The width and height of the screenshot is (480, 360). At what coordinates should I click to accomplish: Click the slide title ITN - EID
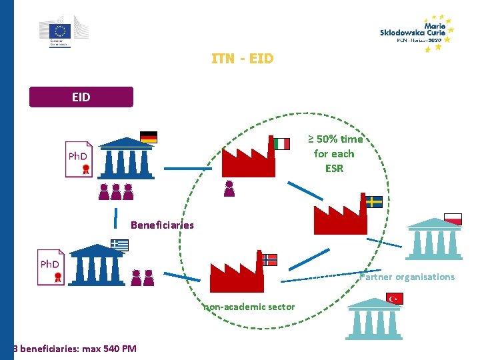click(x=242, y=59)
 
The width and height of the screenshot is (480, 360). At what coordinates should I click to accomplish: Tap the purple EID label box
click(x=81, y=97)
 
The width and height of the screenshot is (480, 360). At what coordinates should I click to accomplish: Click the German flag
click(x=148, y=137)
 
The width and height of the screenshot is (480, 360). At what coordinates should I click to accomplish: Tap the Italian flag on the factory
click(x=282, y=144)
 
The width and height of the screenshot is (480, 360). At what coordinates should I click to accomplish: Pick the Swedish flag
click(x=374, y=201)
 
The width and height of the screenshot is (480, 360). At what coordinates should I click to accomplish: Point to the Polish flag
click(x=453, y=218)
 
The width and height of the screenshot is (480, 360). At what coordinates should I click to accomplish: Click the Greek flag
click(x=120, y=245)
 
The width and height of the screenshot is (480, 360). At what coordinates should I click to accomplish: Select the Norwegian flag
click(x=269, y=259)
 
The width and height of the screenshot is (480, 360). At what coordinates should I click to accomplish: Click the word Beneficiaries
click(x=162, y=225)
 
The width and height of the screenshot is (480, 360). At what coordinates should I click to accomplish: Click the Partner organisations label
click(x=407, y=277)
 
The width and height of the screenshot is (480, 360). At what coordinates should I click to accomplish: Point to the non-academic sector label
click(x=249, y=307)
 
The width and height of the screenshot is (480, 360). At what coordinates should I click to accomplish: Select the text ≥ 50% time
click(x=335, y=139)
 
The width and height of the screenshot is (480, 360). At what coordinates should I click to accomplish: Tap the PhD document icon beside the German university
click(x=79, y=159)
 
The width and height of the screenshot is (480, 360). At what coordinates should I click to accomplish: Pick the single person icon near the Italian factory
click(x=229, y=189)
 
